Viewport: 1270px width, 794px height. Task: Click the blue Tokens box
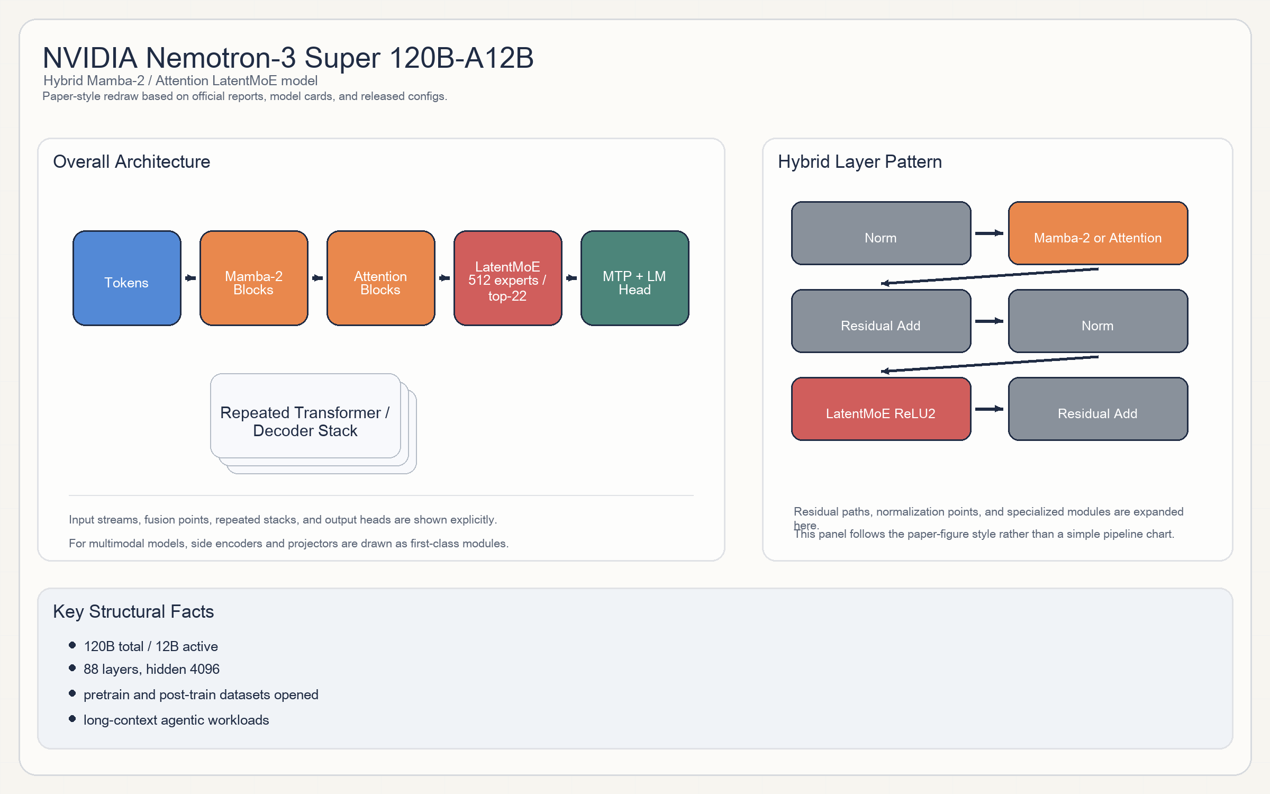click(127, 278)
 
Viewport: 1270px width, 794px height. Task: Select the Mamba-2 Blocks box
click(254, 278)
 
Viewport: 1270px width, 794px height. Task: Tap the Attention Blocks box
click(381, 278)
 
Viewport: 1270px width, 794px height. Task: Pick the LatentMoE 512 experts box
click(508, 278)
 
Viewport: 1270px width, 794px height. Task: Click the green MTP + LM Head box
click(635, 278)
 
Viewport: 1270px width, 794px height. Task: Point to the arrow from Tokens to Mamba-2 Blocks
click(190, 278)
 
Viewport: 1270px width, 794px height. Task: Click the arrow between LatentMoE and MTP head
click(571, 278)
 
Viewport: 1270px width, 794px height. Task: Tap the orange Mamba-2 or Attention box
click(1098, 233)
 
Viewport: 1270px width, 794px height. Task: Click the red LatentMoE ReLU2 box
click(881, 409)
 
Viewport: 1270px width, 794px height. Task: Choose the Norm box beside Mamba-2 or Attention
click(881, 233)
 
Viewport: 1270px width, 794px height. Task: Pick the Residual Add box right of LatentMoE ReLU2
click(1098, 409)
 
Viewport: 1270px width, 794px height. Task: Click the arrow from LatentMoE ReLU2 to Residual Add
click(989, 409)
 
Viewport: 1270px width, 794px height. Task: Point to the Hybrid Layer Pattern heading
click(860, 162)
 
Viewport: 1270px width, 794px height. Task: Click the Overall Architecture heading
click(132, 162)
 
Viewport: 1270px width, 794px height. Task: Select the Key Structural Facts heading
click(133, 612)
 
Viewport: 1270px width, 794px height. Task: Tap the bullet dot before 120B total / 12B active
click(72, 645)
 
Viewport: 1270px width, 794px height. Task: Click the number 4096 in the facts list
click(204, 670)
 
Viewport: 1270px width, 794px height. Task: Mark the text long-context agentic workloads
click(176, 720)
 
